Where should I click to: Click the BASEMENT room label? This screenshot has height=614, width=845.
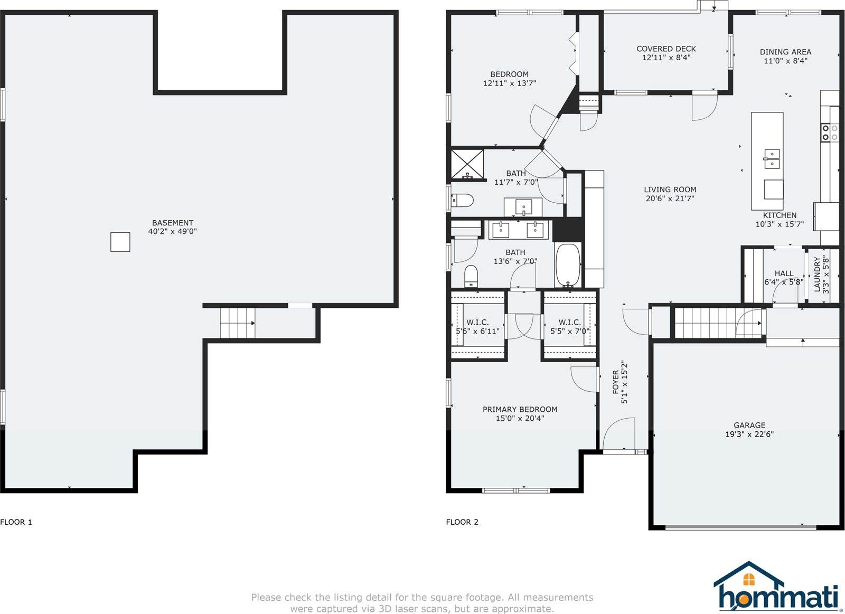(172, 223)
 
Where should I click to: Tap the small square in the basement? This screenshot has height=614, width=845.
(120, 242)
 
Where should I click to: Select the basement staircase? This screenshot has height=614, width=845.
(238, 323)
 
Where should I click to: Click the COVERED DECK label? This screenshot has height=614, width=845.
(666, 49)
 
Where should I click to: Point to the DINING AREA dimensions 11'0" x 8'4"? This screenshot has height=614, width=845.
(785, 61)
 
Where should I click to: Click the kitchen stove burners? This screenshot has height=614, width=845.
(830, 133)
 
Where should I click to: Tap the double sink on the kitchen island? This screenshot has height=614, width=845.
(772, 159)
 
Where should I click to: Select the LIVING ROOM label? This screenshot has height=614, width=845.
(670, 190)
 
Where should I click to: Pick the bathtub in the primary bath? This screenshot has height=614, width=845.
(568, 266)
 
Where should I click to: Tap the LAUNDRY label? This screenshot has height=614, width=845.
(817, 275)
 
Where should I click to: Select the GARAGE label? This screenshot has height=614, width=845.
(749, 425)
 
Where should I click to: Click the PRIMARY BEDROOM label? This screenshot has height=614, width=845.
(520, 409)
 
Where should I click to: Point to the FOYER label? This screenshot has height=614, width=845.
(616, 382)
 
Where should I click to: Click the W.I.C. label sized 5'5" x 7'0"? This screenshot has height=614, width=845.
(570, 323)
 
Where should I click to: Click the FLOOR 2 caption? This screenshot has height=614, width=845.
(462, 522)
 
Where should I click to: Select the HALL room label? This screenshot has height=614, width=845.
(784, 273)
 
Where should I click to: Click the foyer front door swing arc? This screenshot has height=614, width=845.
(618, 426)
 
